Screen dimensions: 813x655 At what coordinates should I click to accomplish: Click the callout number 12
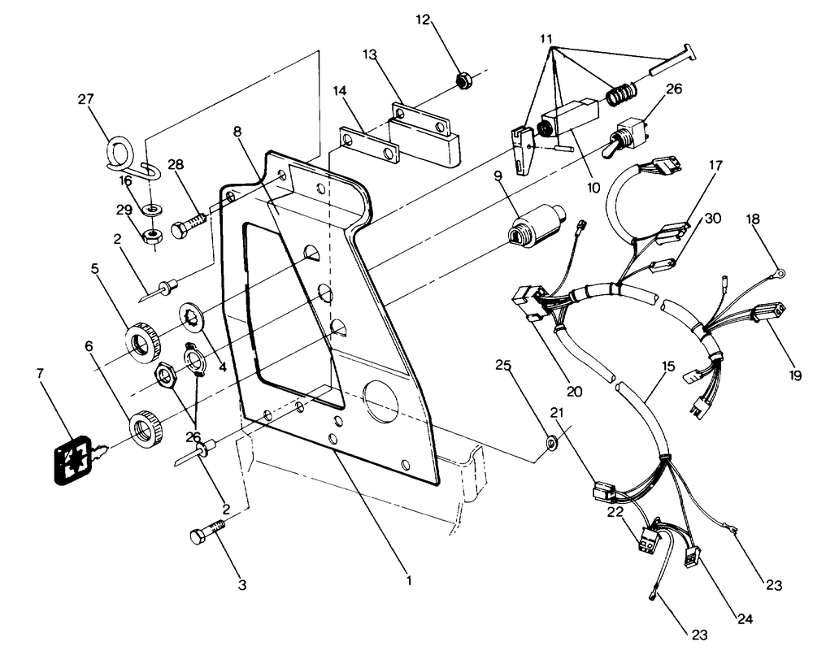pyautogui.click(x=423, y=20)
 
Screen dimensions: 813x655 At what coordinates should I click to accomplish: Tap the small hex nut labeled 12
pyautogui.click(x=462, y=80)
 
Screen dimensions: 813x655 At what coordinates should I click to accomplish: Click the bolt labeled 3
pyautogui.click(x=208, y=533)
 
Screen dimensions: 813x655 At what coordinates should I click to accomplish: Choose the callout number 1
pyautogui.click(x=409, y=580)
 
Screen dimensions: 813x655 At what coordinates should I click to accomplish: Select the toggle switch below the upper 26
pyautogui.click(x=622, y=137)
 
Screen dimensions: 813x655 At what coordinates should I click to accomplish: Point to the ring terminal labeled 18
pyautogui.click(x=780, y=272)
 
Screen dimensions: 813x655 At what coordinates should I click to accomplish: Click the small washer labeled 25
pyautogui.click(x=551, y=442)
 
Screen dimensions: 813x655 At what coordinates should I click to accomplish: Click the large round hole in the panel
pyautogui.click(x=381, y=400)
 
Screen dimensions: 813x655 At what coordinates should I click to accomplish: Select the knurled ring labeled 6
pyautogui.click(x=146, y=428)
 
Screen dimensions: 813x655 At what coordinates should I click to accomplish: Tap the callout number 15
pyautogui.click(x=668, y=367)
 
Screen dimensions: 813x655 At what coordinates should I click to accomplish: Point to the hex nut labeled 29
pyautogui.click(x=153, y=236)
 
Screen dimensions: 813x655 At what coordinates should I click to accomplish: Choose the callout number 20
pyautogui.click(x=574, y=391)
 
